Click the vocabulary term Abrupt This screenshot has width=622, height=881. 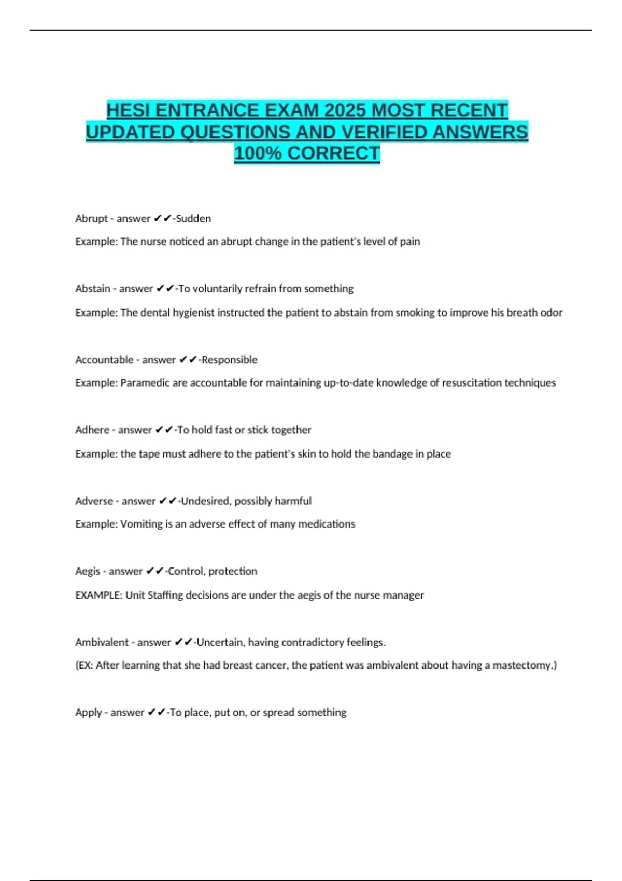[x=91, y=219]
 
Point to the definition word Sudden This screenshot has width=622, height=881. [x=193, y=219]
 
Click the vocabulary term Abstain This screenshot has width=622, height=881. [x=93, y=289]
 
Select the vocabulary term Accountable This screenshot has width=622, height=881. [x=104, y=360]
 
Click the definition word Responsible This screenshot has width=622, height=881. [x=229, y=360]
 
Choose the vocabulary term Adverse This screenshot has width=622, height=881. [x=94, y=501]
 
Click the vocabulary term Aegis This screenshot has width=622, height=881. [x=88, y=571]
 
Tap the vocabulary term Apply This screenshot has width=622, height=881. [x=89, y=713]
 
